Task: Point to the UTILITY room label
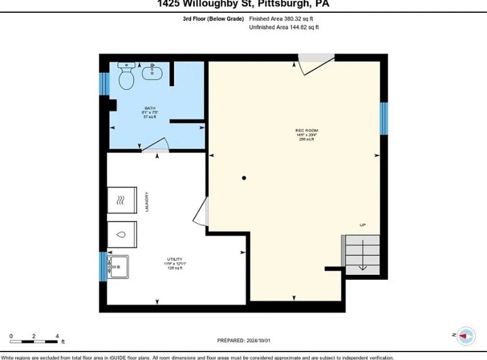(x=174, y=263)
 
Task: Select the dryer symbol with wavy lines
(x=122, y=200)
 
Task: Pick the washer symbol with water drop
(x=122, y=234)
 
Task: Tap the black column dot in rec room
(x=244, y=178)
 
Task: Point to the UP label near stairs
(x=363, y=225)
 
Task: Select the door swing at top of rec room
(x=315, y=64)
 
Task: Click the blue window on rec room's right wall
(x=383, y=118)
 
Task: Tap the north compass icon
(x=466, y=335)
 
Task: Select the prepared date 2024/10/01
(x=243, y=340)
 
